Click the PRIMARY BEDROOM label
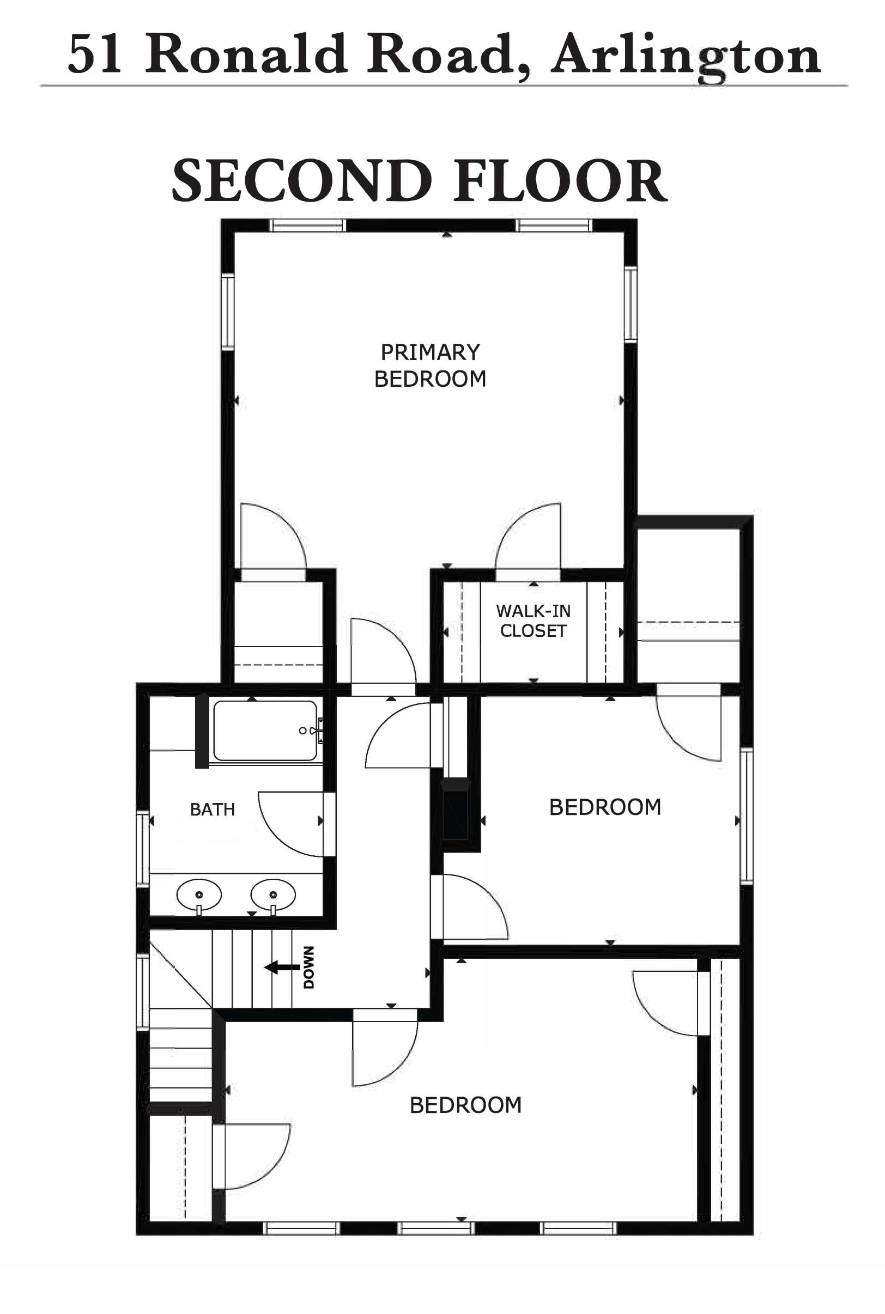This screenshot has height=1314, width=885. [430, 366]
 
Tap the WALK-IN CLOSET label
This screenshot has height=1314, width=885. [534, 620]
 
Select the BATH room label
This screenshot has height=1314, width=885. [212, 810]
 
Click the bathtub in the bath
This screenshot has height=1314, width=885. [265, 731]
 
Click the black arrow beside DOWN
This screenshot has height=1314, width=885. [282, 967]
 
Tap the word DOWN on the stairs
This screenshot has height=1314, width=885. [309, 967]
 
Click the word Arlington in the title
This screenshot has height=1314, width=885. [686, 57]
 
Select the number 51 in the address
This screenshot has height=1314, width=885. [95, 54]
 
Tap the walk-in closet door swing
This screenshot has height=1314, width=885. [515, 522]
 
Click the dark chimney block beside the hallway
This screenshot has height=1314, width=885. [456, 809]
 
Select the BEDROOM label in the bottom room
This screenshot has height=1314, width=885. [465, 1105]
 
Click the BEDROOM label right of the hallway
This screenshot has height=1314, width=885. [605, 807]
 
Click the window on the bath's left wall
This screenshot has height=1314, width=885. [143, 849]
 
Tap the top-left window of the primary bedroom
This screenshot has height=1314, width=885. [307, 226]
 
